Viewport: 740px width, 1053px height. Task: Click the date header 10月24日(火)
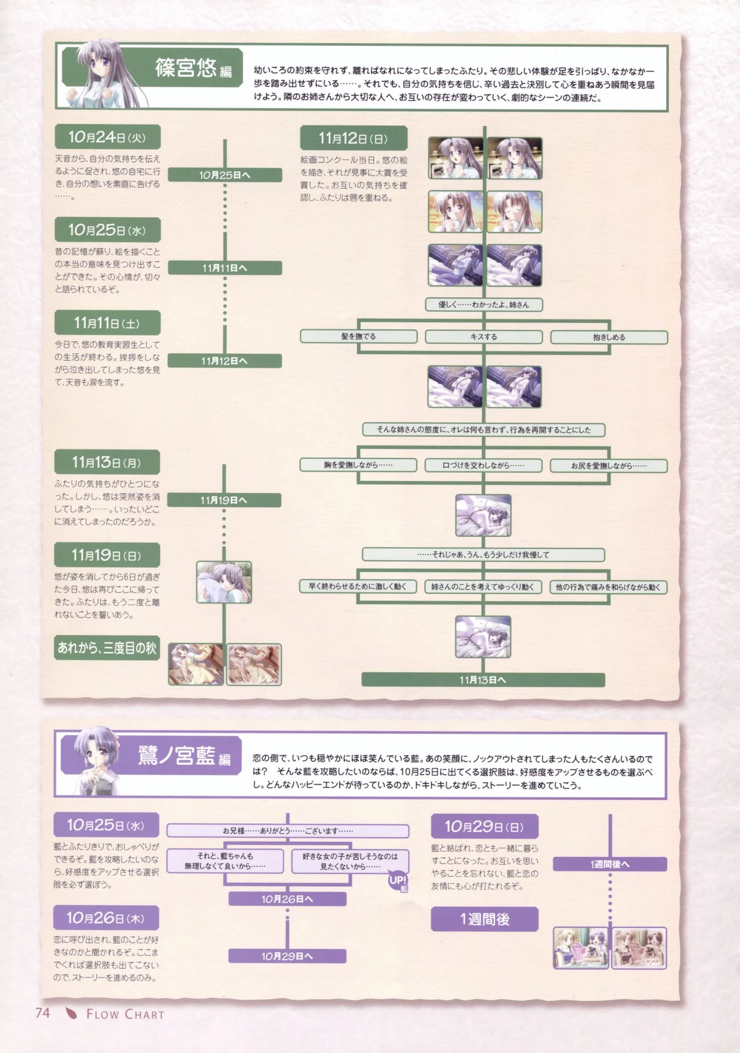click(107, 138)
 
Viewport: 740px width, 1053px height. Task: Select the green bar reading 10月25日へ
click(224, 175)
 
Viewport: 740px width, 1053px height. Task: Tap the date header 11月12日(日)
click(353, 138)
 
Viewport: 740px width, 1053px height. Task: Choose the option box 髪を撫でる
click(358, 336)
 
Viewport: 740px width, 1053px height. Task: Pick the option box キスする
click(483, 337)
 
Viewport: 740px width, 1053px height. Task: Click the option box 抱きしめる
click(609, 337)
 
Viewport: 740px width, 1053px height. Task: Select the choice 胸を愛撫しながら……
click(358, 465)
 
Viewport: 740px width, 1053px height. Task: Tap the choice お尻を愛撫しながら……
click(609, 466)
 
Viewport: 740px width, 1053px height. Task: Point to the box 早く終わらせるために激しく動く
click(358, 587)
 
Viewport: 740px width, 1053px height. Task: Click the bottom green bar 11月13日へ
click(483, 680)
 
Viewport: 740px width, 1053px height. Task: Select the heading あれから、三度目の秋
click(107, 648)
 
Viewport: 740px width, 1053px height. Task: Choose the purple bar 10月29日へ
click(287, 956)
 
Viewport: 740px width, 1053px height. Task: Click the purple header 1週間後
click(484, 919)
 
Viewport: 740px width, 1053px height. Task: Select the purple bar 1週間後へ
click(610, 864)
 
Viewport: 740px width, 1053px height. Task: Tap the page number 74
click(43, 1013)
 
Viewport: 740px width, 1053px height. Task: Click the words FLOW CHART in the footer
click(125, 1014)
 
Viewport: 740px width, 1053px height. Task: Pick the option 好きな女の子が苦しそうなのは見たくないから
click(350, 861)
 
